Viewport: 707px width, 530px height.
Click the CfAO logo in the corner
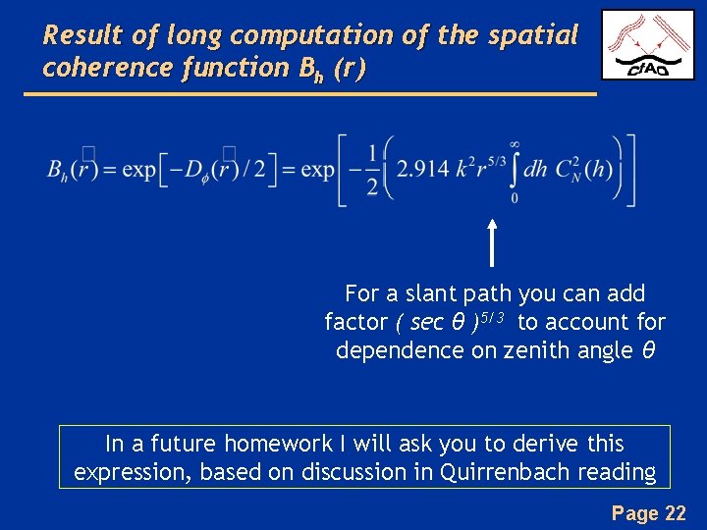point(647,45)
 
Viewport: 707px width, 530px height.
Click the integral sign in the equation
point(514,170)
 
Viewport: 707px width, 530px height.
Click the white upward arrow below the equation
point(492,242)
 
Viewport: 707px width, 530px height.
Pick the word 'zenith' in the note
point(537,350)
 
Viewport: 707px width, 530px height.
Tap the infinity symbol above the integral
point(514,143)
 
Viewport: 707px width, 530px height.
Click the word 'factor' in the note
point(356,322)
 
